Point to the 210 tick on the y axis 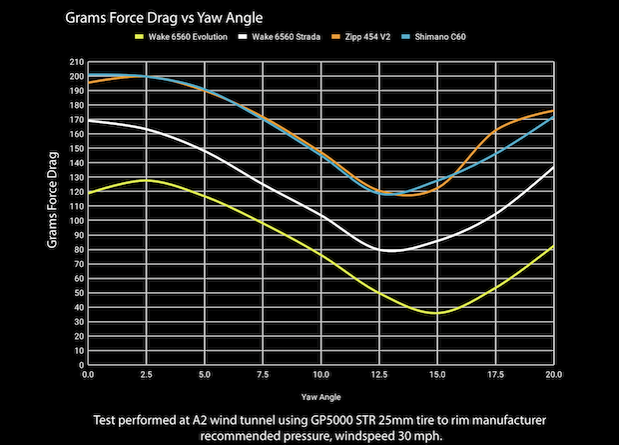tap(76, 61)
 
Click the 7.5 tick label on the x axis tap(263, 375)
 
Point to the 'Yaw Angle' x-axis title tap(320, 393)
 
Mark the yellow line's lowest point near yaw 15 tap(435, 313)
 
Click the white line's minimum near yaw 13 tap(391, 251)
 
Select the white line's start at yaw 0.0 tap(89, 120)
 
